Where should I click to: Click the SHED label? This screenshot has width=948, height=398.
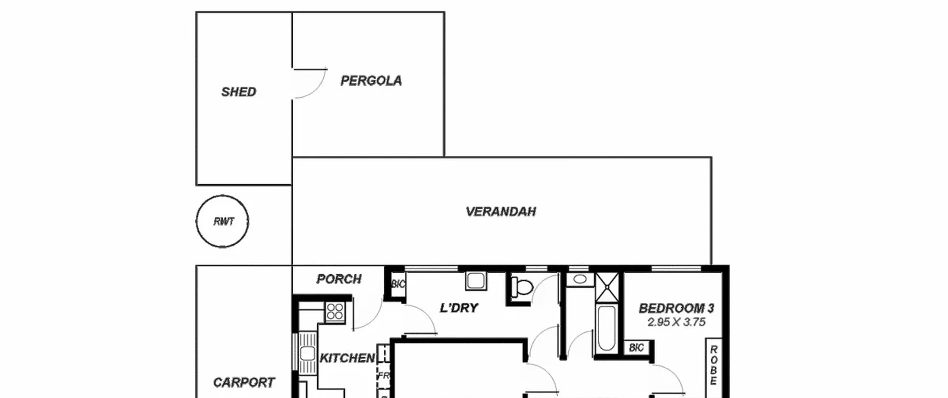coord(239,92)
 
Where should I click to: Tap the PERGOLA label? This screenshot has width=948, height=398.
coord(371,81)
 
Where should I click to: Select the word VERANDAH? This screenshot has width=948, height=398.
coord(501,211)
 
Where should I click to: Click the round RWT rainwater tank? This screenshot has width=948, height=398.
coord(222,195)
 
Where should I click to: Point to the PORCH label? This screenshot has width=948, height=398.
coord(339,279)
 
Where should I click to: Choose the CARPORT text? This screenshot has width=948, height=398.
coord(244,382)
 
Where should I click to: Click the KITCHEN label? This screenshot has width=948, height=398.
coord(347,358)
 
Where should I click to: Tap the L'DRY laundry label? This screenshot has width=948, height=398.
coord(459,308)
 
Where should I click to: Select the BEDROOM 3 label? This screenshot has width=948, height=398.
coord(677,308)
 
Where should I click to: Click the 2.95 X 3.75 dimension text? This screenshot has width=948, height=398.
coord(677,322)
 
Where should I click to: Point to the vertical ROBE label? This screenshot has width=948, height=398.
coord(714,365)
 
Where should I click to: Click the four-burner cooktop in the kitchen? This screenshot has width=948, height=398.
coord(335,312)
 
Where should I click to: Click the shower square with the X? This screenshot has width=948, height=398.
coord(607,287)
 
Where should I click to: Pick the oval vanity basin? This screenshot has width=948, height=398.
coord(580,279)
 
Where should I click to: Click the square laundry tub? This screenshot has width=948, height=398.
coord(476,281)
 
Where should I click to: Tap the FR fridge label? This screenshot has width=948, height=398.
coord(383,376)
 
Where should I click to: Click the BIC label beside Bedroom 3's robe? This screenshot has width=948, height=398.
coord(636,348)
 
